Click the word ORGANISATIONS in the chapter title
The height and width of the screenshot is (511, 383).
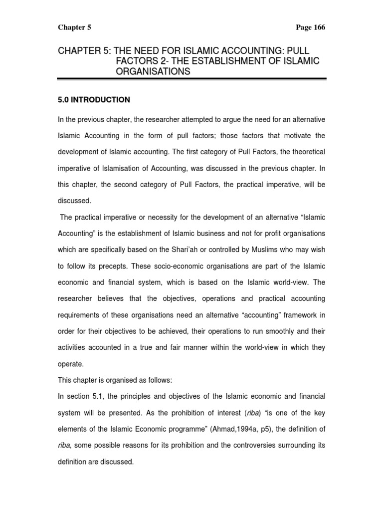[153, 71]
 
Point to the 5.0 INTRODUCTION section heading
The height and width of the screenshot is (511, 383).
[94, 100]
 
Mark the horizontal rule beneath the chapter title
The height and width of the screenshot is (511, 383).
[191, 79]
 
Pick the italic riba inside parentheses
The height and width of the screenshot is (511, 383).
[265, 412]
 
